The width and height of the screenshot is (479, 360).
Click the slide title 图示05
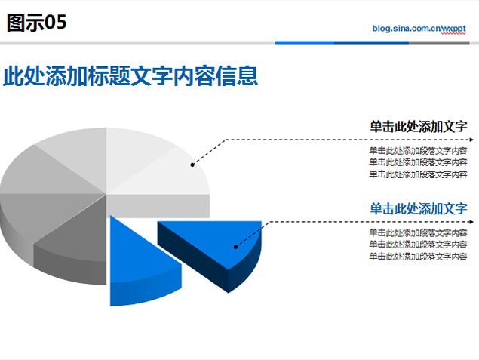(x=36, y=23)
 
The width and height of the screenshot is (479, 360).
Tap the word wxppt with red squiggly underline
(x=453, y=29)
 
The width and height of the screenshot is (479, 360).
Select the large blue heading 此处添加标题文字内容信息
(x=130, y=75)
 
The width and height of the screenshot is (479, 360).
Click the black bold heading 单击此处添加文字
(x=419, y=127)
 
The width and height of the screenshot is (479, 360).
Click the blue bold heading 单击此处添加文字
(x=419, y=209)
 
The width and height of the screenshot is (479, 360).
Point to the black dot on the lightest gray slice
(x=192, y=165)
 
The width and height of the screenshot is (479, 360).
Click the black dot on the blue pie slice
(x=235, y=247)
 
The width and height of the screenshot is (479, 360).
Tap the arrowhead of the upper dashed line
(x=471, y=140)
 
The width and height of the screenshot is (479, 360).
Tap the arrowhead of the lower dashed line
(x=471, y=222)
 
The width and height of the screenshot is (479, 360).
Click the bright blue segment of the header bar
(x=304, y=43)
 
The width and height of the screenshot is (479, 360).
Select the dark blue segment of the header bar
(x=371, y=43)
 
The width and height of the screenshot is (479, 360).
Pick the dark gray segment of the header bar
(x=439, y=43)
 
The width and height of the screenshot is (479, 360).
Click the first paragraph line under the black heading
(x=418, y=151)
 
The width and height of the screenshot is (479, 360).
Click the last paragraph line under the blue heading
(x=418, y=256)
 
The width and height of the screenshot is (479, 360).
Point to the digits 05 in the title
(x=56, y=23)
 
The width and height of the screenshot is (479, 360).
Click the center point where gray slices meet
(x=106, y=194)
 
